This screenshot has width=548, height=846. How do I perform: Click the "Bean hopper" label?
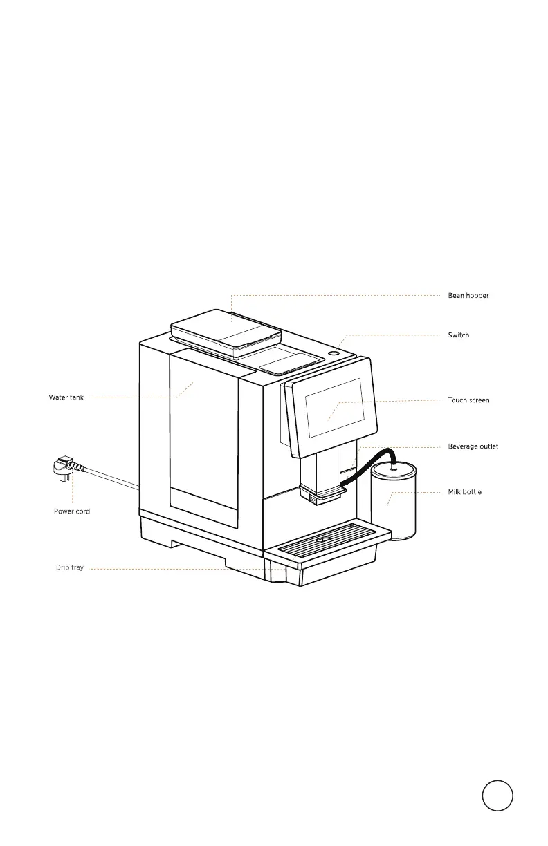(x=468, y=296)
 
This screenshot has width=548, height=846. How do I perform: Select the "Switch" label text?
(x=459, y=335)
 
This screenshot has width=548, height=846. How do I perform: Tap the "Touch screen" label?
(x=468, y=400)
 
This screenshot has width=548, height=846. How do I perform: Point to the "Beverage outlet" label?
(x=473, y=446)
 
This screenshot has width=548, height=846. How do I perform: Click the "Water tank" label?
(x=66, y=397)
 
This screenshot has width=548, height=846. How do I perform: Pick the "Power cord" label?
(x=72, y=511)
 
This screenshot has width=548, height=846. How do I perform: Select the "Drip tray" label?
(x=70, y=568)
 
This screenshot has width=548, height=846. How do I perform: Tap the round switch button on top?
(x=334, y=353)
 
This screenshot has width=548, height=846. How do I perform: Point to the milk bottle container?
(x=394, y=505)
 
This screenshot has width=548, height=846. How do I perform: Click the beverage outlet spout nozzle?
(x=322, y=493)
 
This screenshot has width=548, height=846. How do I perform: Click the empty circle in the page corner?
(x=498, y=796)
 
